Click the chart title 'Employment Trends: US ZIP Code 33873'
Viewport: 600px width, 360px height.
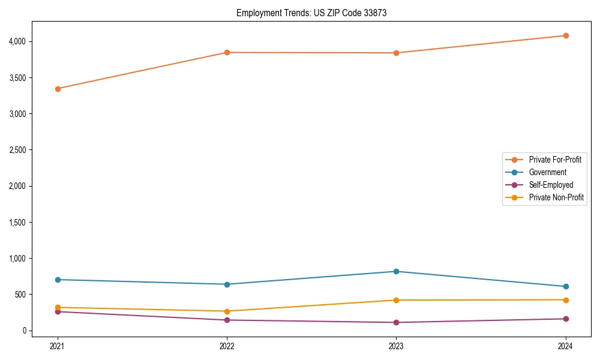click(x=311, y=13)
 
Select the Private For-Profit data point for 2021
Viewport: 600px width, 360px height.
click(x=58, y=89)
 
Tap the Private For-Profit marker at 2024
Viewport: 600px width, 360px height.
click(x=566, y=35)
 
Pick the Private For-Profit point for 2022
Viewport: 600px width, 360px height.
click(x=227, y=53)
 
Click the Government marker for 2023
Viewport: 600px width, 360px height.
click(x=396, y=271)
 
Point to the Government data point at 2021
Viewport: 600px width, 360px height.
click(x=58, y=280)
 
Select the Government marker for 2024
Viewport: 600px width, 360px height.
click(x=566, y=286)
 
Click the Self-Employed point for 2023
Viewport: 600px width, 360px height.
click(x=396, y=322)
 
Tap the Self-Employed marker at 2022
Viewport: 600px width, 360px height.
click(x=227, y=320)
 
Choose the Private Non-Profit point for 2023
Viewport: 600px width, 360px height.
click(x=396, y=300)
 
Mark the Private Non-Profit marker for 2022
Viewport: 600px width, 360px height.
click(x=227, y=311)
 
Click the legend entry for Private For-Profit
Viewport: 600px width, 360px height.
click(x=554, y=160)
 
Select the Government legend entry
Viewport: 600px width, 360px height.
click(x=547, y=172)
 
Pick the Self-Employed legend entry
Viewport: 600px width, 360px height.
click(x=551, y=185)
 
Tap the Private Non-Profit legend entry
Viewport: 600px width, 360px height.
click(x=556, y=197)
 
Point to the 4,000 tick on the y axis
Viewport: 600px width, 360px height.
click(x=16, y=41)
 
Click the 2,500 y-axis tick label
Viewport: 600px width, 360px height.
click(x=16, y=150)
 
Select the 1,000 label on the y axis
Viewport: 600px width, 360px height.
click(x=16, y=259)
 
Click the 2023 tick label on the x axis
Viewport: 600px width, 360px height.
click(x=396, y=346)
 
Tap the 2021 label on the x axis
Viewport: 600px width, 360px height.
click(x=58, y=346)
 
